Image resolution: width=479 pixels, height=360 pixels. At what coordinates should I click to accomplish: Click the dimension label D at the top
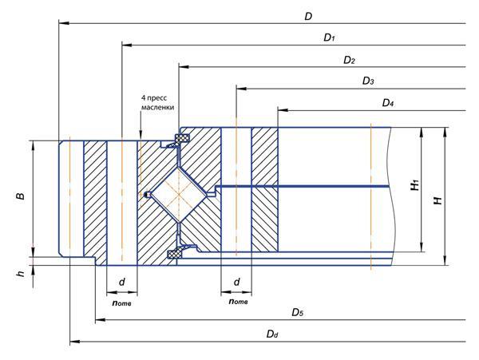coord(307,16)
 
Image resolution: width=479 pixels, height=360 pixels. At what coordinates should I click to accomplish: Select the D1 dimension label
coord(328,38)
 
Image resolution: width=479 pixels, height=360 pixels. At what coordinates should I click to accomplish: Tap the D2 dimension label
coord(349,60)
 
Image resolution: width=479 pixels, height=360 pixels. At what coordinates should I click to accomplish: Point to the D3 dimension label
coord(368,81)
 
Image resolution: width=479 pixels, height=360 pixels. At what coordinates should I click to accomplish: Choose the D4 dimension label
coord(388,102)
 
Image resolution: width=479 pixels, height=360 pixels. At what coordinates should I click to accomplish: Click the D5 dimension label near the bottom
coord(297,311)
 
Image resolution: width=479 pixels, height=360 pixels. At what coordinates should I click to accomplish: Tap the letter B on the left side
coord(21,196)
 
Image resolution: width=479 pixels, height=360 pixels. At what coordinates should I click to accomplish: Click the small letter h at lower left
coord(20,274)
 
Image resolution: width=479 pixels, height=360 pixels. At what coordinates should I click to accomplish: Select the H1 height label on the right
coord(414,186)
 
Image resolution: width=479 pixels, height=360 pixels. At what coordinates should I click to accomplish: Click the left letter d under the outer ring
coord(122,282)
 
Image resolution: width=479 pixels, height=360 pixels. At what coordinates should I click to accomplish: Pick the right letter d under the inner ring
coord(237,282)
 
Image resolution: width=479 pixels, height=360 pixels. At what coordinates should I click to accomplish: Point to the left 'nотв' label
coord(122,301)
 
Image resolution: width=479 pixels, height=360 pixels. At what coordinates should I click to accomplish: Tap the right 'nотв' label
coord(237,301)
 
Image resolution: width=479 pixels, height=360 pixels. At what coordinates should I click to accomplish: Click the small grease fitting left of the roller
coord(147,195)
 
